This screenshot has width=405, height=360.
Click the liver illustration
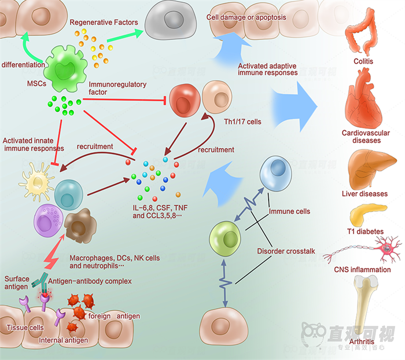click(365, 167)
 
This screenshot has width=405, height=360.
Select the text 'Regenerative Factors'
click(104, 23)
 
